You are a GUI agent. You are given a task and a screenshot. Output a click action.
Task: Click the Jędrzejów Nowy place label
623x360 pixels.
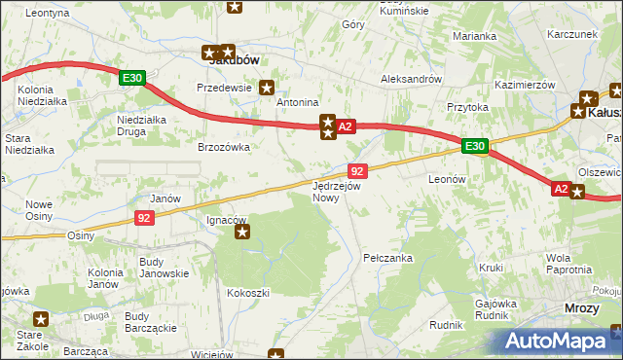[337, 191]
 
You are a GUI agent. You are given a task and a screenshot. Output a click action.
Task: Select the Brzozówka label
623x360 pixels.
[225, 147]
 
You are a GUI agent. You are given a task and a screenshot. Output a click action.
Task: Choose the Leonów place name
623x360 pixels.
[449, 180]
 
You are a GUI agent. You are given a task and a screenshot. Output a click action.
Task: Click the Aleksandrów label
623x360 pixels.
[412, 79]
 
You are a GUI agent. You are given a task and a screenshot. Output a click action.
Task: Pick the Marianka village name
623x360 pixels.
[475, 36]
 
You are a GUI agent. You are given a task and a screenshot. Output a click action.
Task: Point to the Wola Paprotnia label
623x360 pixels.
[571, 264]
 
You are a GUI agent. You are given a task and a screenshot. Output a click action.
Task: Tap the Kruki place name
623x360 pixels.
[492, 267]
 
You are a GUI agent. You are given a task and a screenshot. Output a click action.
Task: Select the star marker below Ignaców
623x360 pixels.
[243, 232]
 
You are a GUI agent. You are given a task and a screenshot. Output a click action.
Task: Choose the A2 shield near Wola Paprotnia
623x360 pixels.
[560, 190]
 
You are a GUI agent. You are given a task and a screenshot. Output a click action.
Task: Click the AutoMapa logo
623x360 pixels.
[560, 341]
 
